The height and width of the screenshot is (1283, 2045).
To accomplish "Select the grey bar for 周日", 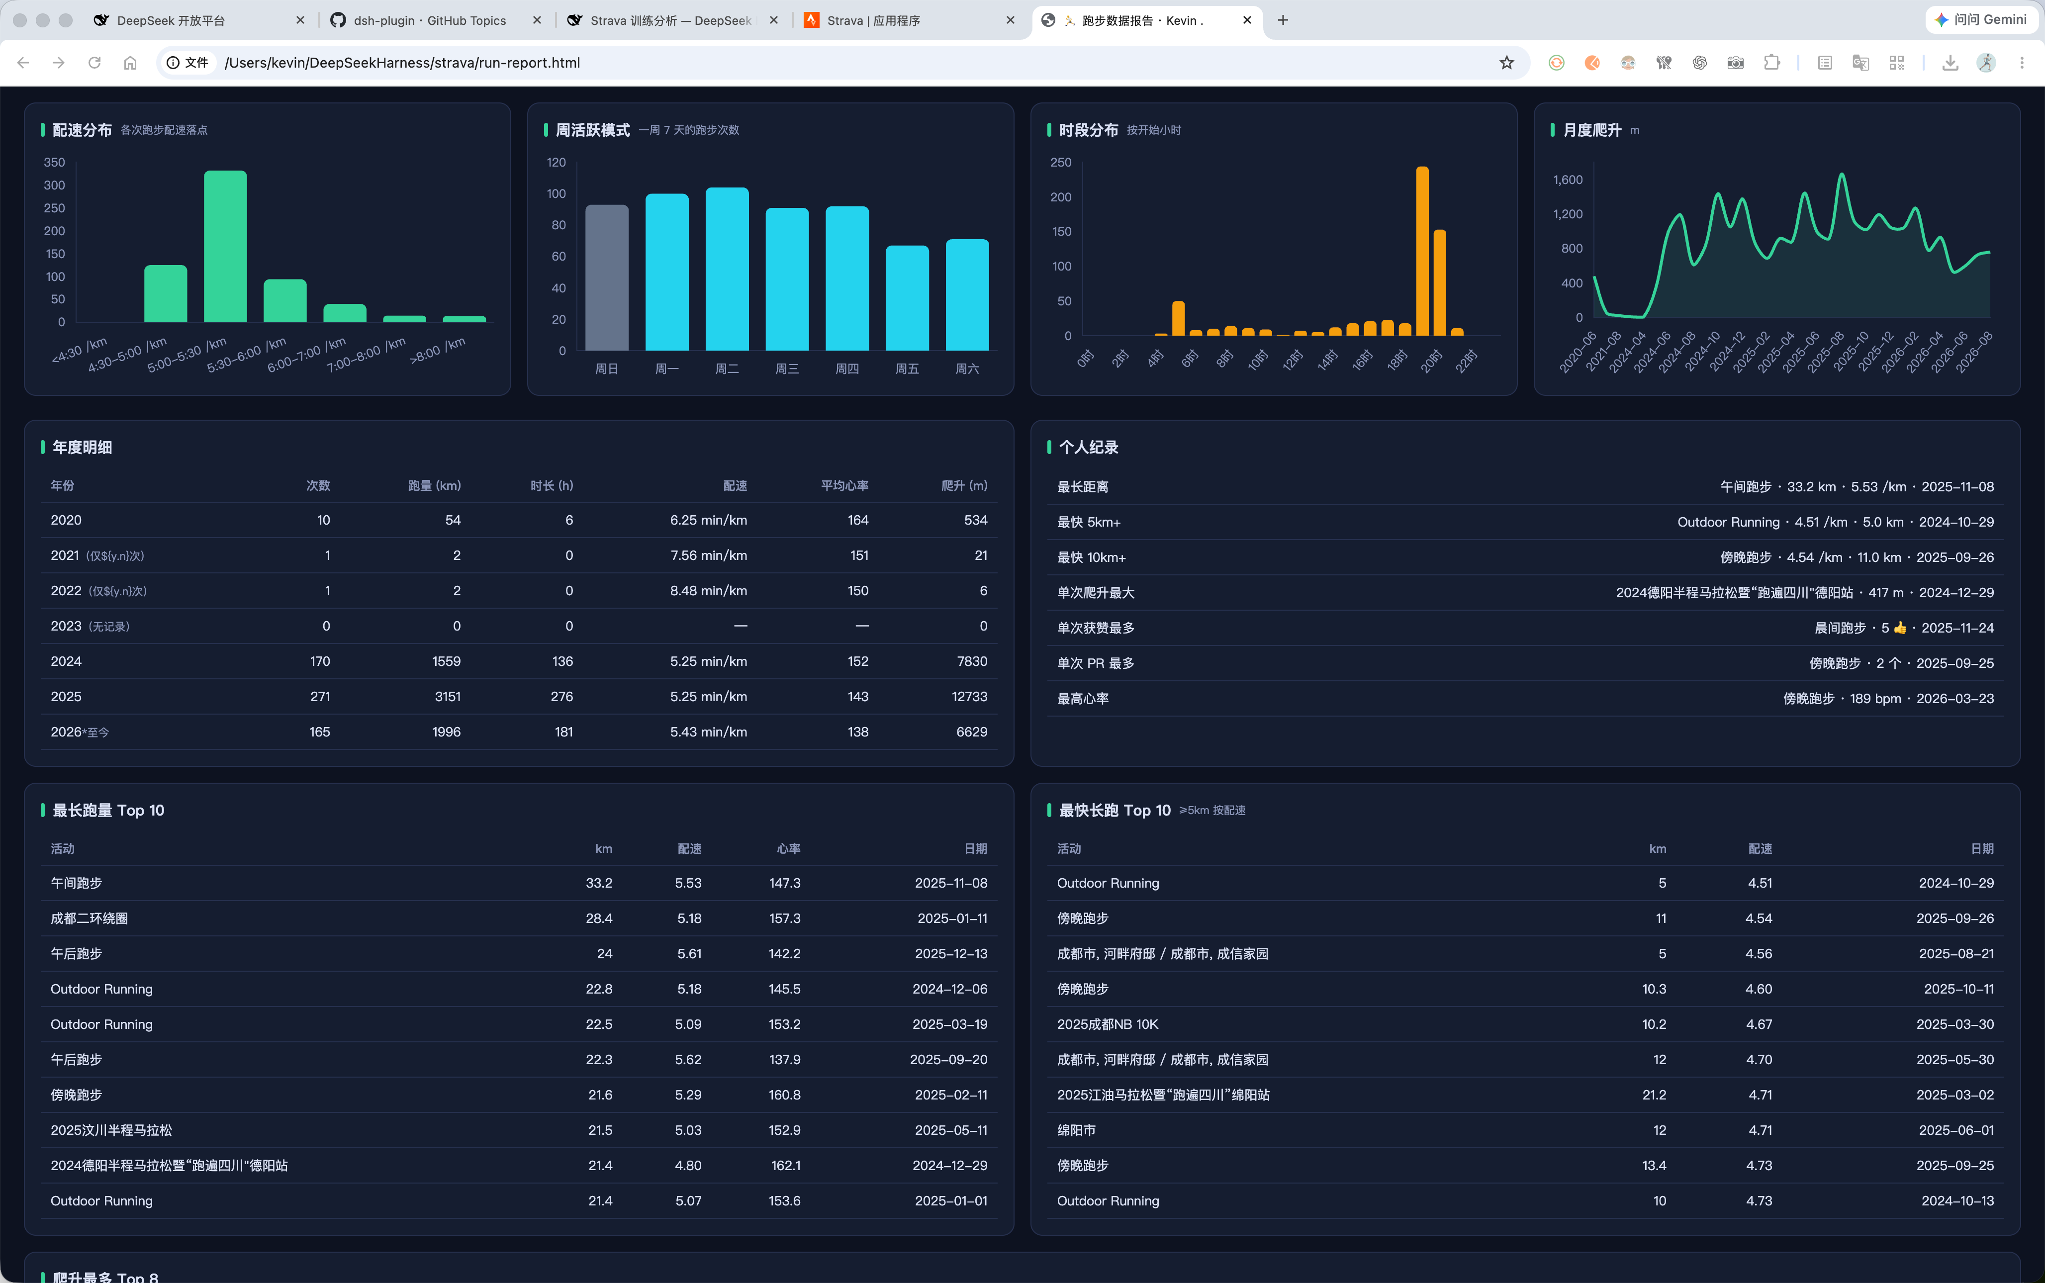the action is tap(607, 277).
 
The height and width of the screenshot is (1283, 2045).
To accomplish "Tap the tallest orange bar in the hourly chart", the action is tap(1422, 251).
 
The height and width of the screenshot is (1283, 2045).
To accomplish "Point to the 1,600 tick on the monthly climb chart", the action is tap(1567, 180).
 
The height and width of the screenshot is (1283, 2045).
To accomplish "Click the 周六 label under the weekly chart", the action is tap(967, 368).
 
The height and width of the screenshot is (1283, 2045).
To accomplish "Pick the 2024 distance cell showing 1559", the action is tap(446, 661).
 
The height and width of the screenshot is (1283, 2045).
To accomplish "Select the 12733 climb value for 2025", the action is tap(969, 697).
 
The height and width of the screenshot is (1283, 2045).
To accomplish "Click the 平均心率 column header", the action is tap(844, 485).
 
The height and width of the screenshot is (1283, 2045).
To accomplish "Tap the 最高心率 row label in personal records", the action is tap(1083, 698).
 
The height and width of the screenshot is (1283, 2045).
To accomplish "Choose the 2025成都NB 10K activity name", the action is tap(1108, 1024).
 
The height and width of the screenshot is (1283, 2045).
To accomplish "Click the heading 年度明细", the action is tap(83, 447).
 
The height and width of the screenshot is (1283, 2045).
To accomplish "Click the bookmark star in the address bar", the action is tap(1506, 63).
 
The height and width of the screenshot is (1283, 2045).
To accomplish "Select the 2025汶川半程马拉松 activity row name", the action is tap(111, 1130).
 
